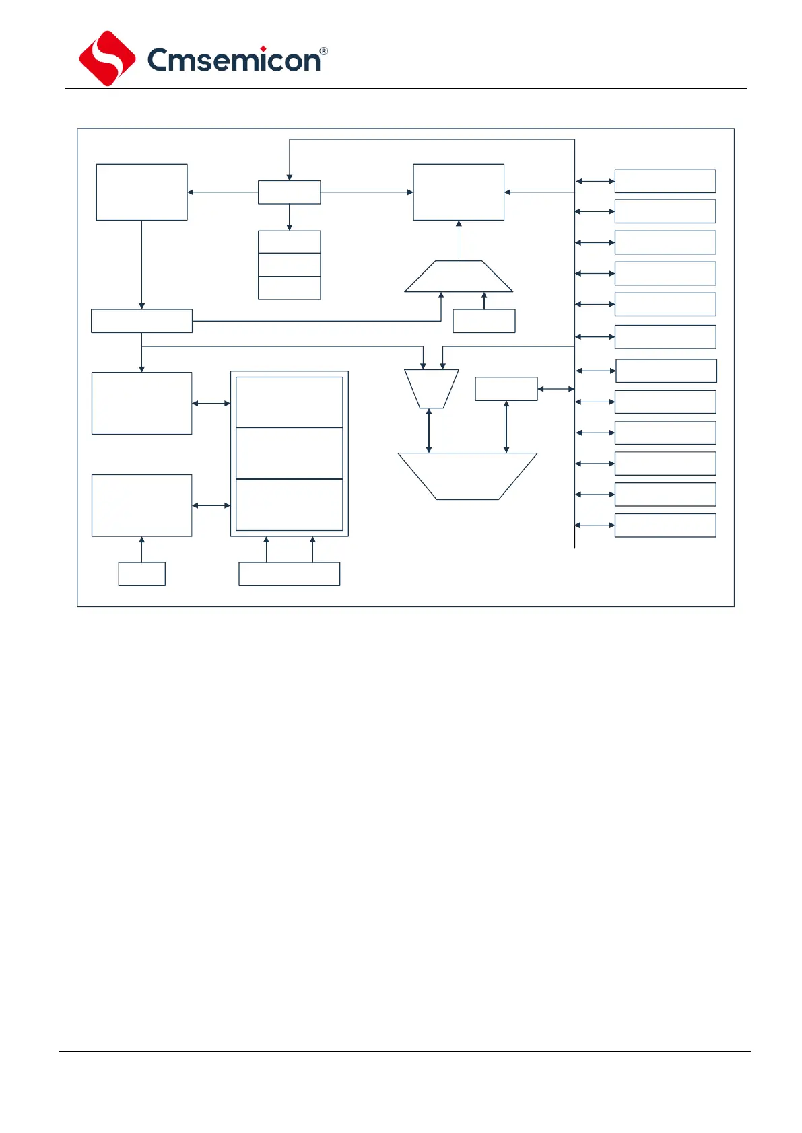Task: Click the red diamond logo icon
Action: point(107,59)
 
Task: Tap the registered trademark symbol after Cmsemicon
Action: point(323,51)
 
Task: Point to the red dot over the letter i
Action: point(263,49)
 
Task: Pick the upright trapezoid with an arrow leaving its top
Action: point(459,277)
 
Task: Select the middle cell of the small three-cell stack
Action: point(289,264)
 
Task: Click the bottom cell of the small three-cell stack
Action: point(289,288)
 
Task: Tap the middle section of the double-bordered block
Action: point(289,453)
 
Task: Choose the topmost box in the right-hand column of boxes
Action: point(665,181)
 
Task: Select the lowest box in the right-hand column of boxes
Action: point(665,525)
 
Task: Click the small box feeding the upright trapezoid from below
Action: point(483,321)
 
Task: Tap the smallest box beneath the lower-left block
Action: point(141,574)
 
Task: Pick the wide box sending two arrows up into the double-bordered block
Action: point(289,574)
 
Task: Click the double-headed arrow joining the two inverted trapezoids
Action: point(429,431)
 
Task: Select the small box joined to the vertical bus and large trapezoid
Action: point(506,389)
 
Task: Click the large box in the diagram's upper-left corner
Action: point(141,192)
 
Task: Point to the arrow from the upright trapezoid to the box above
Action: point(459,240)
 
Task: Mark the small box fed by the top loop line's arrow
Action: point(289,192)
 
